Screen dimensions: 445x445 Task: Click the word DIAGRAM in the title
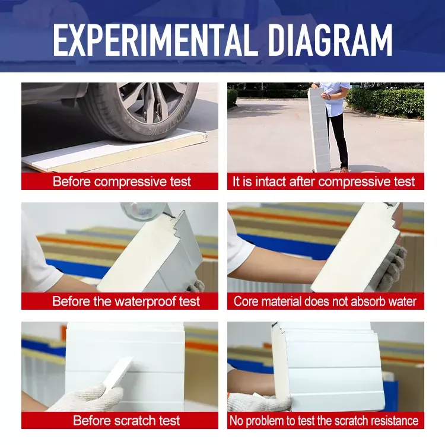(x=330, y=40)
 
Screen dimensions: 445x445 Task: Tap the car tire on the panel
(x=139, y=112)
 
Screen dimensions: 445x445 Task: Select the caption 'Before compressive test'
(x=122, y=182)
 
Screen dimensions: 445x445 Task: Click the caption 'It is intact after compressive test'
(x=323, y=182)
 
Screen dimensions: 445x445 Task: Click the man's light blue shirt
(x=335, y=98)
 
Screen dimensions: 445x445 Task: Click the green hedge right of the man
(x=386, y=103)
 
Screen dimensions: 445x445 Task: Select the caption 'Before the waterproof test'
(x=126, y=301)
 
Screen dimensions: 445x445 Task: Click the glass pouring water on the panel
(x=144, y=210)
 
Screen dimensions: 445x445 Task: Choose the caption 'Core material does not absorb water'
(x=325, y=301)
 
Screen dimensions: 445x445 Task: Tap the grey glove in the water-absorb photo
(x=391, y=268)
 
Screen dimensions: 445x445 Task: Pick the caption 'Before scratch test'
(x=126, y=420)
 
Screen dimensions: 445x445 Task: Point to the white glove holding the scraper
(x=88, y=398)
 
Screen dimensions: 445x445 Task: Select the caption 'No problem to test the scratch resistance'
(x=324, y=421)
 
